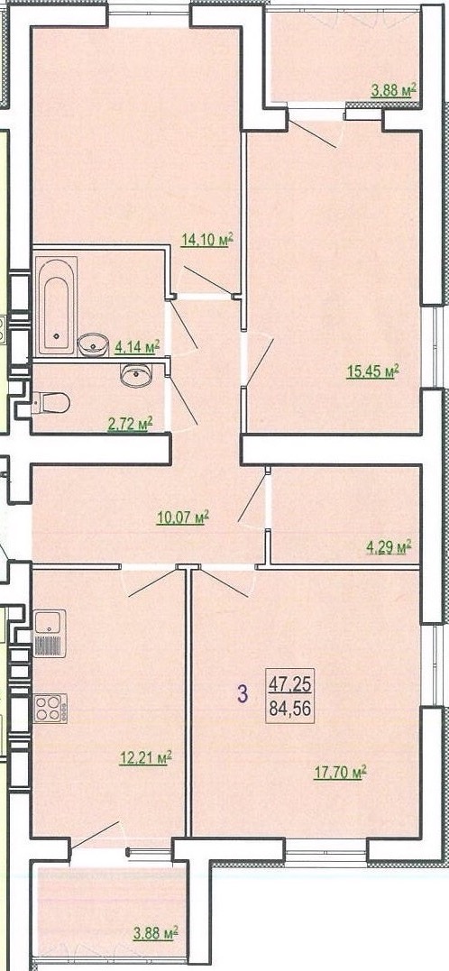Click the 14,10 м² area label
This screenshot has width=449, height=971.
pos(207,239)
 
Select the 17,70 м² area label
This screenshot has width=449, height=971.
pos(341,772)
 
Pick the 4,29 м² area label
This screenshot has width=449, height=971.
pos(388,546)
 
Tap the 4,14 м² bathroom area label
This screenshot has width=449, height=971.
pos(137,347)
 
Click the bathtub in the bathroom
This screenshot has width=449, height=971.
pos(56,307)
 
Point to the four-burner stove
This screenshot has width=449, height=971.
pos(50,709)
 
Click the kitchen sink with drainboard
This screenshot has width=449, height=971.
pos(50,633)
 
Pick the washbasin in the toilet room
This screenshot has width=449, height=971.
pos(136,375)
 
